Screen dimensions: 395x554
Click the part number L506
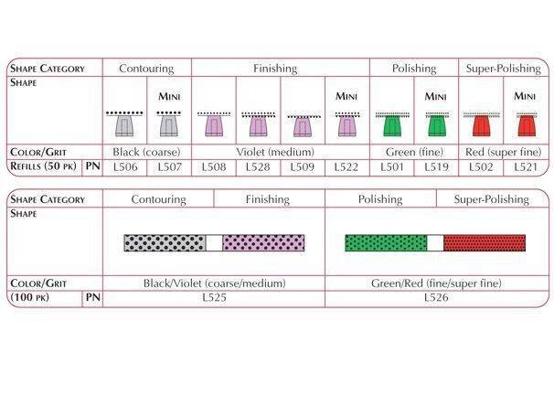pos(124,167)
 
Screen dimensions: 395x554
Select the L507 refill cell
pos(169,167)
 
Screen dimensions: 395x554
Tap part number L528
pos(259,167)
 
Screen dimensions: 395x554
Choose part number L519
pos(436,167)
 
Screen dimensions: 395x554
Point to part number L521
pos(525,167)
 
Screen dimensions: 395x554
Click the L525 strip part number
pos(213,298)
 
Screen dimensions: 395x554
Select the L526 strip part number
pos(435,298)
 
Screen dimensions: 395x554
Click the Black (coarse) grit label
pos(146,152)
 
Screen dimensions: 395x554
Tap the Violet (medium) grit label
pos(281,152)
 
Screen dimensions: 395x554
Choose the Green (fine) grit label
pos(413,152)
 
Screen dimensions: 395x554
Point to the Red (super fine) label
pos(502,152)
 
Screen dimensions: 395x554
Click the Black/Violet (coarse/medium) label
pos(213,283)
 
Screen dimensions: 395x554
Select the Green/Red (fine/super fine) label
pos(435,283)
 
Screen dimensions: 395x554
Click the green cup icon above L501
pos(391,125)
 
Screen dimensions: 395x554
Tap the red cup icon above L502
pos(480,125)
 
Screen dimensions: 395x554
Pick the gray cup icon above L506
pos(124,125)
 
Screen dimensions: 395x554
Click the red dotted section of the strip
pos(485,242)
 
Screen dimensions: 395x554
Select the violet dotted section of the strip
pos(263,242)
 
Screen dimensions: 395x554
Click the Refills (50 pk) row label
pos(45,167)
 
